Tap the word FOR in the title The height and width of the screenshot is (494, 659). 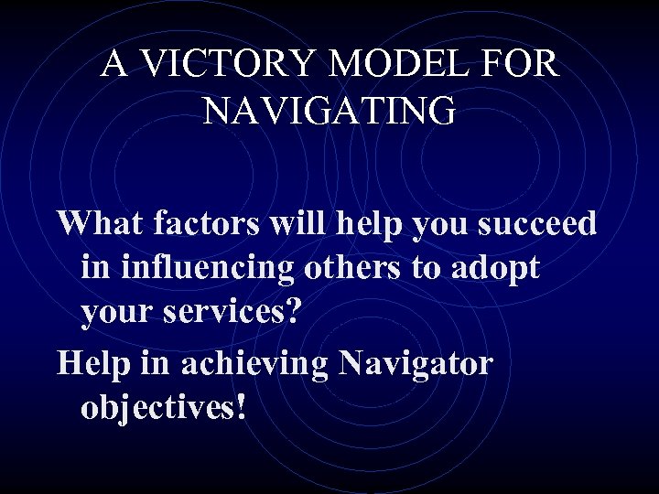pos(524,64)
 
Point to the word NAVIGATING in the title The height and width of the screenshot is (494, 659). pos(329,112)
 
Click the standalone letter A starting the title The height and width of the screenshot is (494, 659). pos(113,64)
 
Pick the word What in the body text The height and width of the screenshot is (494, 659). pos(96,222)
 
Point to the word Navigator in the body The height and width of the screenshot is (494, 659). pos(416,363)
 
